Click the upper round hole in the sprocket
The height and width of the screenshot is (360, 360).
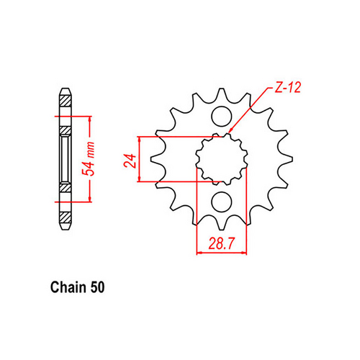(x=222, y=116)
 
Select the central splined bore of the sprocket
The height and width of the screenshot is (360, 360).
(x=222, y=158)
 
